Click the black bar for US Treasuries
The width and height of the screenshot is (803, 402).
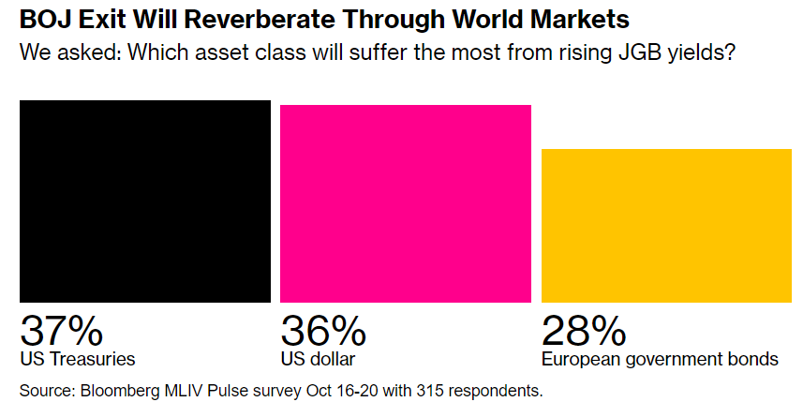(x=145, y=201)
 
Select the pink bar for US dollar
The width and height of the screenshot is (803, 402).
(x=406, y=203)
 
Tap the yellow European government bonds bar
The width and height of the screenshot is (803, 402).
(x=666, y=225)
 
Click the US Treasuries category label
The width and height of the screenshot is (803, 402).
(x=78, y=359)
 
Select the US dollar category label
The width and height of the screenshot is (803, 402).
(x=318, y=359)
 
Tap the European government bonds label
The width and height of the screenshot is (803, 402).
(x=660, y=359)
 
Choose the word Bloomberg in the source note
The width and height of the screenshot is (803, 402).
(x=116, y=388)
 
